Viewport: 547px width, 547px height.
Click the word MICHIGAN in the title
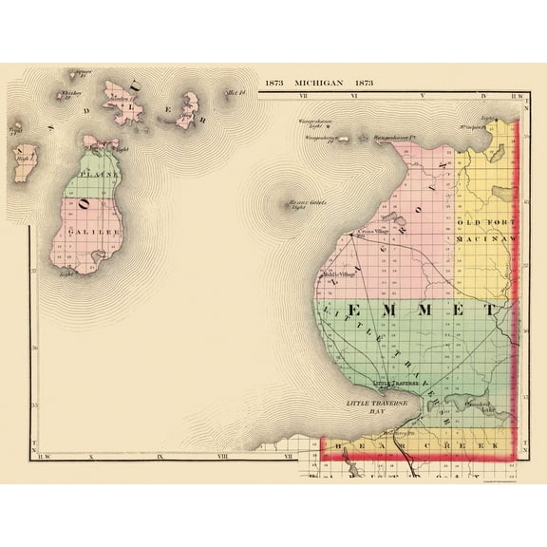[x=318, y=83]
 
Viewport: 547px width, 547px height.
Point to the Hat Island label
[x=236, y=92]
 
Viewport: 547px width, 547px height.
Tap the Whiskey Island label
[x=69, y=93]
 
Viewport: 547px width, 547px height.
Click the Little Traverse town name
[x=393, y=383]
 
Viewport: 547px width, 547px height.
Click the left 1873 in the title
[x=275, y=83]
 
